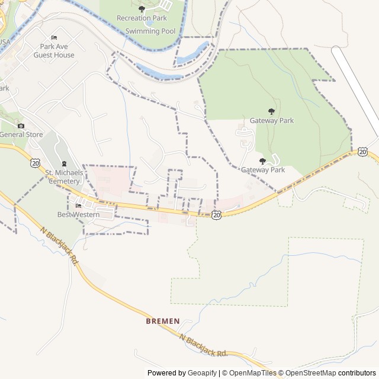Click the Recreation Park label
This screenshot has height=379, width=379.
(x=142, y=18)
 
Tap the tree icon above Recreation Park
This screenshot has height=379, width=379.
(x=142, y=9)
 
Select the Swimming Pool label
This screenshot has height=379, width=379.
(x=146, y=30)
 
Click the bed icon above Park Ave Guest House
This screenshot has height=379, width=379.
(x=54, y=38)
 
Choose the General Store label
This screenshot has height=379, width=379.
(x=21, y=134)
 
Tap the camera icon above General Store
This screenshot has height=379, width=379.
(x=21, y=126)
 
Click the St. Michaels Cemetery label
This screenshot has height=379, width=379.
(x=63, y=176)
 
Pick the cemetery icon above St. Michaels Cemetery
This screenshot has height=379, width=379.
(x=64, y=164)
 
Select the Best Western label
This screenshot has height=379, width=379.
(x=78, y=214)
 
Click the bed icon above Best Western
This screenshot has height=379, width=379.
(x=78, y=205)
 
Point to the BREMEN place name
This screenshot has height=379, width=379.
(x=162, y=321)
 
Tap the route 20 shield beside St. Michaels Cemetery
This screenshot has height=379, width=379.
(x=36, y=162)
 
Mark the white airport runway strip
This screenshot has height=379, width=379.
(x=356, y=83)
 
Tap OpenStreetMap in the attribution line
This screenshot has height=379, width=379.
(x=311, y=373)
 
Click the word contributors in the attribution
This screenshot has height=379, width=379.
(x=356, y=373)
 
